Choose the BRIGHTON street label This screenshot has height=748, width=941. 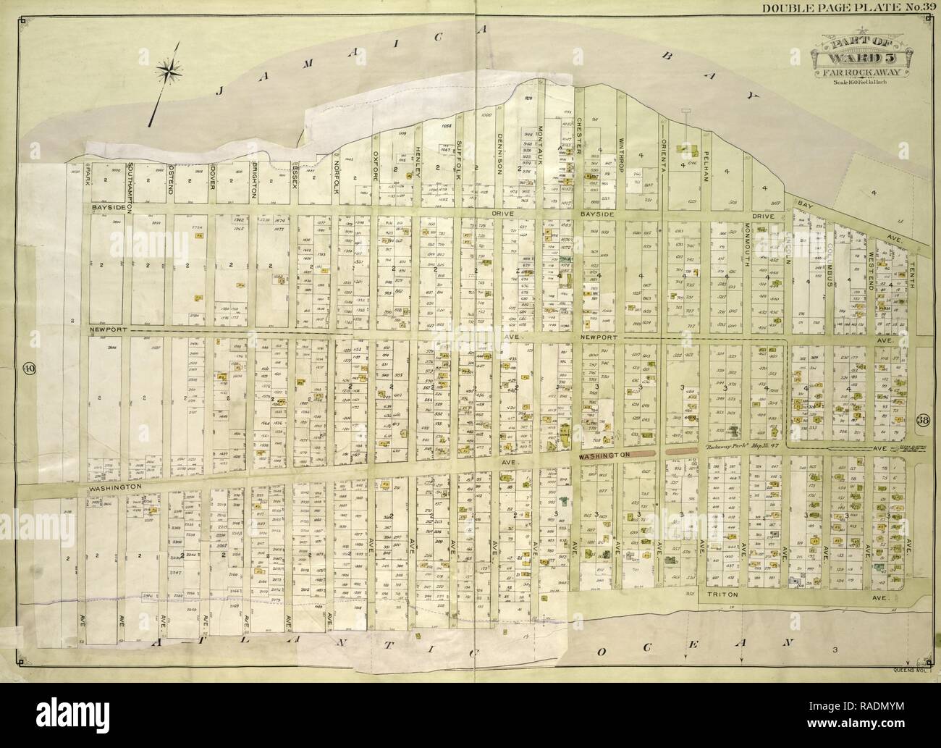255,182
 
